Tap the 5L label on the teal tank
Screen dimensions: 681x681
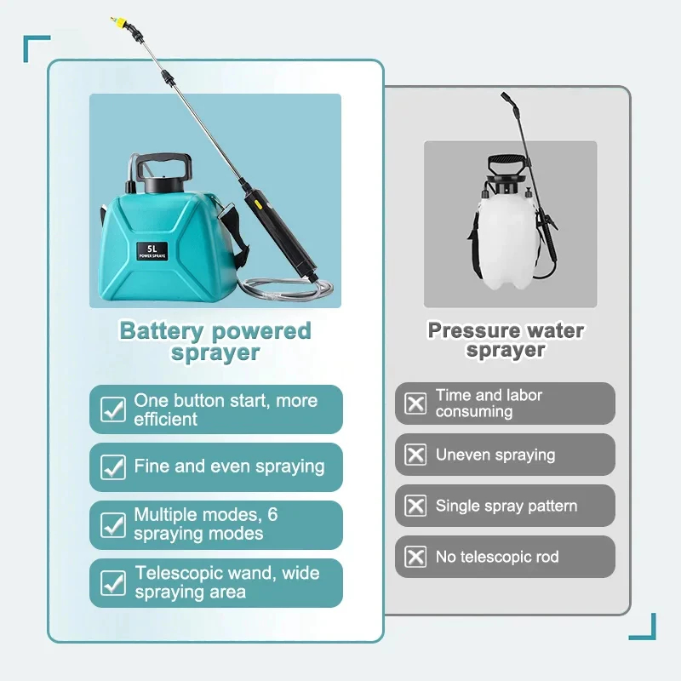pos(152,251)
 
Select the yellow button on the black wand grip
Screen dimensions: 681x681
pos(257,203)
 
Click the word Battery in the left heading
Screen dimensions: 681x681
pos(161,331)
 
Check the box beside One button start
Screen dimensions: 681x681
pos(113,409)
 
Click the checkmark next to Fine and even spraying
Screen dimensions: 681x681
pos(113,466)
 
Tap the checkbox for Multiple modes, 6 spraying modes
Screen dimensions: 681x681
pos(113,524)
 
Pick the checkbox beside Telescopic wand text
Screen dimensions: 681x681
pos(113,582)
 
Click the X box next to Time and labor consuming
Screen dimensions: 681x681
pos(415,403)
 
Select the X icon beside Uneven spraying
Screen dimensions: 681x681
pos(415,455)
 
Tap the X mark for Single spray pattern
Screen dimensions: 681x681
pos(415,506)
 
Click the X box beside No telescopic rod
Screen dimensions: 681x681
pos(415,557)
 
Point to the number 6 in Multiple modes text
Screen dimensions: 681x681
pos(272,515)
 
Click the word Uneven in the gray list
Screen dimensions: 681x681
pos(463,455)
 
